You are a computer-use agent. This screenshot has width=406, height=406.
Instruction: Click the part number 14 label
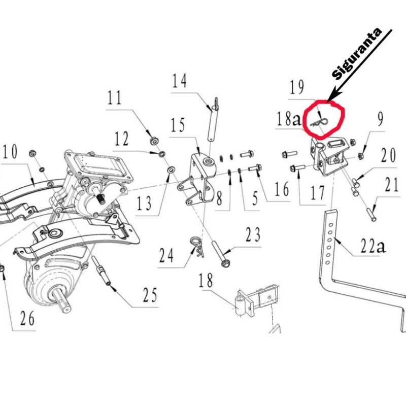tap(179, 81)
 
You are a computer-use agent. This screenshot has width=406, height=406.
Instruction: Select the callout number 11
tap(115, 97)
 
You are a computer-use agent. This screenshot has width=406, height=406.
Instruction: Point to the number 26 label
tap(27, 319)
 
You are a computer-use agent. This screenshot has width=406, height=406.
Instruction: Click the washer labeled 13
tap(171, 167)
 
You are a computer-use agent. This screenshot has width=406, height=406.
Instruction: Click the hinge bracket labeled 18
tap(254, 302)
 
